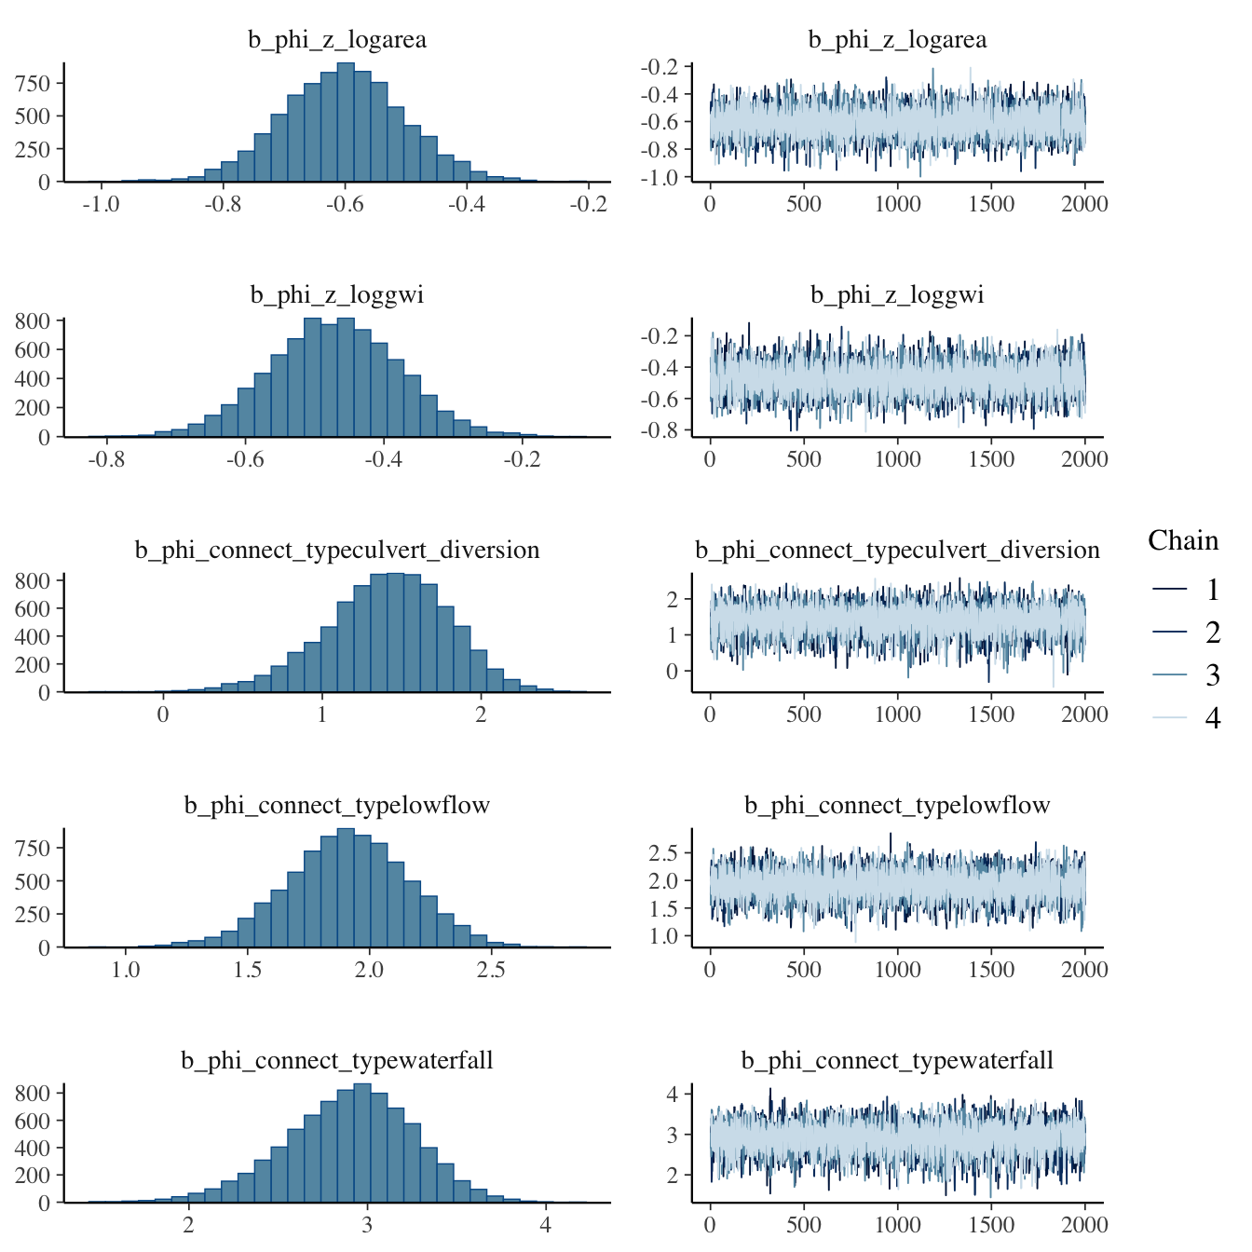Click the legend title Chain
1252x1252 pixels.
tap(1183, 541)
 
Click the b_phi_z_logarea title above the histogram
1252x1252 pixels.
tap(337, 40)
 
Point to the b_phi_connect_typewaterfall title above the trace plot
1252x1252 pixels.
tap(897, 1061)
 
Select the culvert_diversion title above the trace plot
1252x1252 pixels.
tap(897, 551)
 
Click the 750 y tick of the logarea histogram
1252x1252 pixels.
tap(34, 84)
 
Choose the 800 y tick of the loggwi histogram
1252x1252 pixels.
tap(34, 321)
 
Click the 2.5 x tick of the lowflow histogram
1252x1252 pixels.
tap(491, 970)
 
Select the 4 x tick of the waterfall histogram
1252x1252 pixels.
tap(546, 1225)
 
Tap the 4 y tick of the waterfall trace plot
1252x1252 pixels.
tap(674, 1094)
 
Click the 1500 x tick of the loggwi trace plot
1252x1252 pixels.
tap(991, 459)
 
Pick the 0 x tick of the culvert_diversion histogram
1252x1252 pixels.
tap(163, 714)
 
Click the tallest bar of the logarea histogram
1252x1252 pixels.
tap(346, 122)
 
